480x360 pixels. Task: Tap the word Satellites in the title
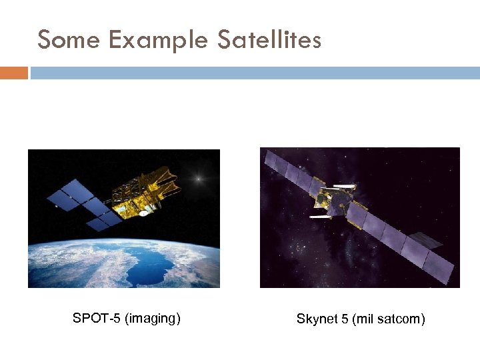tap(269, 41)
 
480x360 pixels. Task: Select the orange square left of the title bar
tap(14, 73)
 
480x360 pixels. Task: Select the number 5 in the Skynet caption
tap(345, 319)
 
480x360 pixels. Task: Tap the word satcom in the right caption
tap(401, 319)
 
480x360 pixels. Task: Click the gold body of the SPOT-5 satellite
tap(147, 193)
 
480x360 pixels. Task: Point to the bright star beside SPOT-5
tap(197, 178)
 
